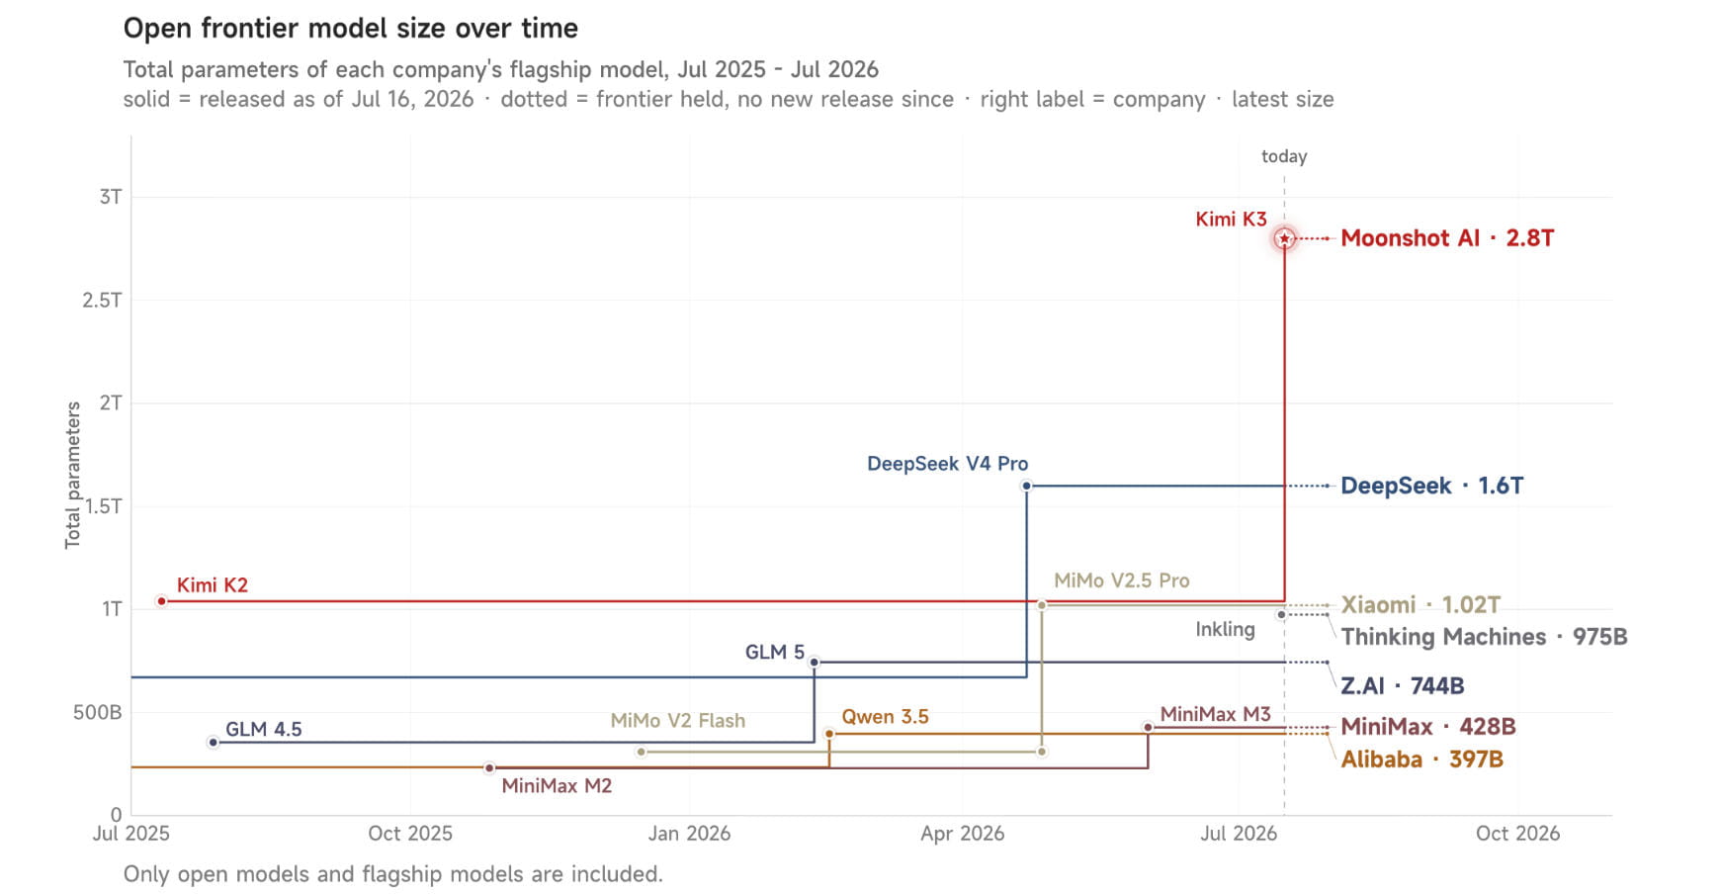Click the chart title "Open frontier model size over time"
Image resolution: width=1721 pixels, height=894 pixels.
350,28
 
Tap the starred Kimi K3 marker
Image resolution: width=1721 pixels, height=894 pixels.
1284,238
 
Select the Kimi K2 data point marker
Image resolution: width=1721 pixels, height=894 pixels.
161,601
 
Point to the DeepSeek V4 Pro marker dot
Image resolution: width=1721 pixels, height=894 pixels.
1026,486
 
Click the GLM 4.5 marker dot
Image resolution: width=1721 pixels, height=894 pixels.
213,743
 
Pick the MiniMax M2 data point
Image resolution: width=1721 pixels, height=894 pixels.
489,768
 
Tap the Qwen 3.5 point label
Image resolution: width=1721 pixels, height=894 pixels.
885,716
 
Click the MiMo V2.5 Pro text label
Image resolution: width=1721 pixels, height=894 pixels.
1121,581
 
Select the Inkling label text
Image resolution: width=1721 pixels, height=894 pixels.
1225,629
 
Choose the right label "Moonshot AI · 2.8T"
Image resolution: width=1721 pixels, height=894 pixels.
1446,238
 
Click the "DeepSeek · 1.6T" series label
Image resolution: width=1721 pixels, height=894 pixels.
1431,486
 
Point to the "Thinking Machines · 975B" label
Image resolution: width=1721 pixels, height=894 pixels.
1484,637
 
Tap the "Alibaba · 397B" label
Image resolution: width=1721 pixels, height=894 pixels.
1421,760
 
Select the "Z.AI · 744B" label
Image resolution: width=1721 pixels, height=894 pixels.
1402,685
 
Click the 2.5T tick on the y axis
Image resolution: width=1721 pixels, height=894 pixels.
102,300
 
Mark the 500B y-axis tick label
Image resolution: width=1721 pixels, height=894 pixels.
97,712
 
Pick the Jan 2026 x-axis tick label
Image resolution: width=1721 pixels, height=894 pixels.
689,834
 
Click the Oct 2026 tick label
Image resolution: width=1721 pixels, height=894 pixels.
1517,834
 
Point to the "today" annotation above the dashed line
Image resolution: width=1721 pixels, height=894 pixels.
1284,156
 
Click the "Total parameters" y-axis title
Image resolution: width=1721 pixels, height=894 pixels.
72,475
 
